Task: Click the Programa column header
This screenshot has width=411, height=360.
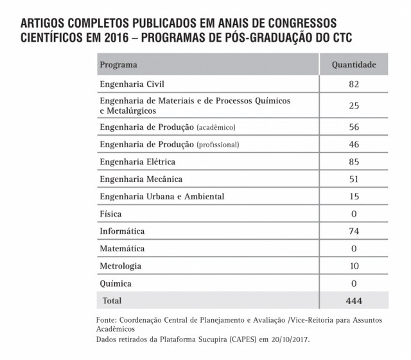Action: (x=119, y=65)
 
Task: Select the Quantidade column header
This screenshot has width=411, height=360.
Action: (x=353, y=65)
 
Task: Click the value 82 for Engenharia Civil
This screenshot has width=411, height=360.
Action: (x=353, y=84)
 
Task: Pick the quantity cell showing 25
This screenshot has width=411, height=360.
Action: (x=353, y=105)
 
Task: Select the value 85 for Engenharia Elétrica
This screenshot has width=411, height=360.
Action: (x=353, y=161)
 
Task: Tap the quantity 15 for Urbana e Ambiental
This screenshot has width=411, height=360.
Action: (x=353, y=196)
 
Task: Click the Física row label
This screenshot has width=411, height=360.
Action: (x=110, y=213)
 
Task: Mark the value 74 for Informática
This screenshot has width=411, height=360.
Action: (x=353, y=231)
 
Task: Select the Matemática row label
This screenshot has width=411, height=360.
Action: (x=122, y=248)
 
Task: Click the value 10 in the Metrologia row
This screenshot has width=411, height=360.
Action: (x=353, y=265)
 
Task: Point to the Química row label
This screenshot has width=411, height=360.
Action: (x=116, y=283)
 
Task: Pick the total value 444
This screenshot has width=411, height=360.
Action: (x=353, y=300)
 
